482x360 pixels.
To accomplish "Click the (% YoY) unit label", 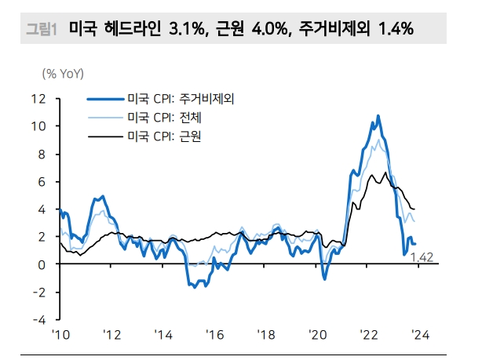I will coord(63,74).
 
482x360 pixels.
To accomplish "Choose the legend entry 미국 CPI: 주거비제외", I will coord(181,99).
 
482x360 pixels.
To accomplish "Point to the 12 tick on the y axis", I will coord(39,98).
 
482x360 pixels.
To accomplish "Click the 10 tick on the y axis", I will coord(39,125).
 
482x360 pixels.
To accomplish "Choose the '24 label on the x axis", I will coord(420,335).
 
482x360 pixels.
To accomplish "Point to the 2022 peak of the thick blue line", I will coord(378,116).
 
